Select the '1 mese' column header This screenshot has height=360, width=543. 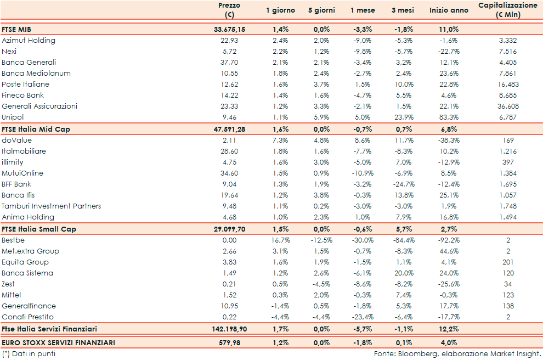(x=363, y=10)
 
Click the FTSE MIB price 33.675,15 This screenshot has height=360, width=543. (x=229, y=29)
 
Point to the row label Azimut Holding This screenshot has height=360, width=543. (x=29, y=40)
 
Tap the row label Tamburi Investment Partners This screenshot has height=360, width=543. (x=51, y=206)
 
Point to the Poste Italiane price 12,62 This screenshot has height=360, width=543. (x=229, y=84)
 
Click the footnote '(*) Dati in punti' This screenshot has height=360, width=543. (x=29, y=353)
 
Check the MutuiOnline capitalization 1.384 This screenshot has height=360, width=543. (x=507, y=173)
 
